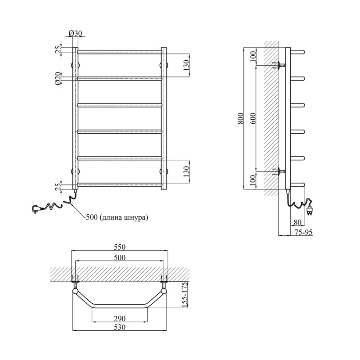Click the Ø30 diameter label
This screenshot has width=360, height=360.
(75, 33)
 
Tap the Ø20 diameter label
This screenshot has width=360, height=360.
(58, 78)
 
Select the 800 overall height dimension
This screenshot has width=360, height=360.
(240, 118)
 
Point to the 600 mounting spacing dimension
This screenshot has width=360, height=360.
(253, 118)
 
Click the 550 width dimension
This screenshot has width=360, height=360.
(120, 247)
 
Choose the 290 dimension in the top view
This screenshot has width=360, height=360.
(120, 319)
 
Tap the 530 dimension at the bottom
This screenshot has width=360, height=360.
(120, 327)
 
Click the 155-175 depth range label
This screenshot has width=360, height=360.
(185, 296)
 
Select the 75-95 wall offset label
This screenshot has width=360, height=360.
(303, 232)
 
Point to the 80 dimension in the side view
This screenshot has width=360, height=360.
(297, 222)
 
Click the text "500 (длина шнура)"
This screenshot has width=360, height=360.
(117, 217)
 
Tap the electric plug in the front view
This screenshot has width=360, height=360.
(37, 209)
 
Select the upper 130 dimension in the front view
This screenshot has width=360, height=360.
(186, 65)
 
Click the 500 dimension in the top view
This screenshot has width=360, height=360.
(120, 257)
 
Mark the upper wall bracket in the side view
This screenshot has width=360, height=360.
(279, 65)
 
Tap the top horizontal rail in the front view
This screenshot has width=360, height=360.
(120, 52)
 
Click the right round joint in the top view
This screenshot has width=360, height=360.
(164, 291)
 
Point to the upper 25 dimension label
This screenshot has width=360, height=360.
(58, 49)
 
